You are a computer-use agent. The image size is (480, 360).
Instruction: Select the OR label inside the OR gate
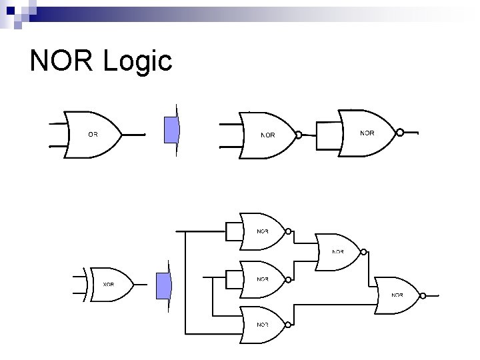pyautogui.click(x=93, y=134)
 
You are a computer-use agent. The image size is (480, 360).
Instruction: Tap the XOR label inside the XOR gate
pyautogui.click(x=108, y=284)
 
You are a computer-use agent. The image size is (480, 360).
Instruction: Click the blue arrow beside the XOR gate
pyautogui.click(x=163, y=286)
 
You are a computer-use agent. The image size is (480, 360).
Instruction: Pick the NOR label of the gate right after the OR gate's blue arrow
pyautogui.click(x=267, y=135)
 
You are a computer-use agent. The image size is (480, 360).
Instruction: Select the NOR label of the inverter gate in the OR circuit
pyautogui.click(x=367, y=133)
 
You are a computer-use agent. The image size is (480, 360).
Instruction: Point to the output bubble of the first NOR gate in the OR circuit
pyautogui.click(x=299, y=135)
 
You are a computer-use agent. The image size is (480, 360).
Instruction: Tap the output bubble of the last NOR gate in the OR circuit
pyautogui.click(x=400, y=133)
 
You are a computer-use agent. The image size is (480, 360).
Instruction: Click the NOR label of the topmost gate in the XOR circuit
pyautogui.click(x=263, y=232)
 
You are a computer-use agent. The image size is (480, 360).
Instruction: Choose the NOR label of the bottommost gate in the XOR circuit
pyautogui.click(x=263, y=325)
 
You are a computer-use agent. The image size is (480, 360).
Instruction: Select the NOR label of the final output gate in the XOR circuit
pyautogui.click(x=397, y=295)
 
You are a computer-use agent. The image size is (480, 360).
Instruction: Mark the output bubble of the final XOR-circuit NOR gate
pyautogui.click(x=423, y=295)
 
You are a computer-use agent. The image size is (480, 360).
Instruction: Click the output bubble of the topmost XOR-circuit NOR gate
pyautogui.click(x=289, y=232)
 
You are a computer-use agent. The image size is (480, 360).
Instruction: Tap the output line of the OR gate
pyautogui.click(x=133, y=134)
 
